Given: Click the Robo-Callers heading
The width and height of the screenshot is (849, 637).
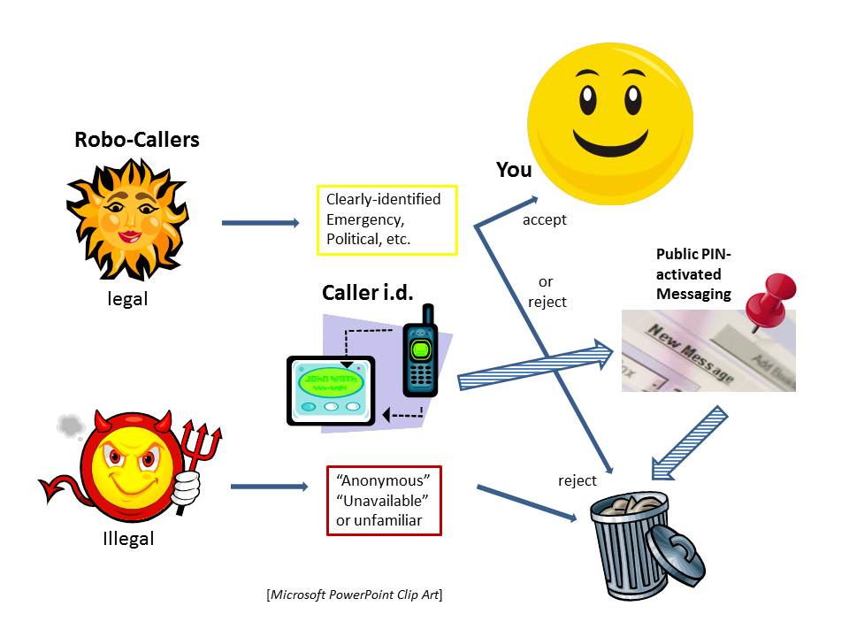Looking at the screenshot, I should (136, 140).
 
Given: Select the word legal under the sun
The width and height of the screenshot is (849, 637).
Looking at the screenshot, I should (127, 299).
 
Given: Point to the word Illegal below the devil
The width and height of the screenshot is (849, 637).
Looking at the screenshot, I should (128, 537).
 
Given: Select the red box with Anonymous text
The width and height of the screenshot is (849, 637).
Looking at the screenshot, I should (383, 501).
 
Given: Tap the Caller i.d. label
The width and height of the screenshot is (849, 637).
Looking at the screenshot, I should (368, 292).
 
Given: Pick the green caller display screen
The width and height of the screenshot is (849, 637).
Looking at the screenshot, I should (330, 382).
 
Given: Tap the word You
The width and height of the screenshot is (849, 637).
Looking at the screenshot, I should (514, 170).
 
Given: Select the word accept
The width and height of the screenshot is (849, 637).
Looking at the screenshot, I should (544, 219).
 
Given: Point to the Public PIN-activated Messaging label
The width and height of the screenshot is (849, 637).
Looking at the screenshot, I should (694, 274).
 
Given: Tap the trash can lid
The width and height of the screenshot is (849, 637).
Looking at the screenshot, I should (678, 556).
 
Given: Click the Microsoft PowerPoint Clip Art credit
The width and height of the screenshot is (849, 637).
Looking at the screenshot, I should (354, 595).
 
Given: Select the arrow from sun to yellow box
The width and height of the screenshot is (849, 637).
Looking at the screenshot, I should (260, 223).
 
